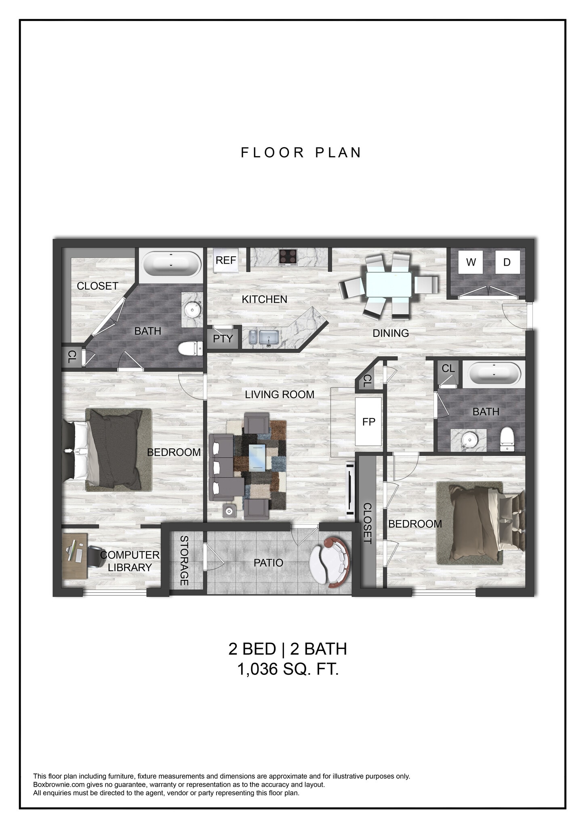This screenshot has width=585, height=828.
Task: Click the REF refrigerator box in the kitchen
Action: coord(225,260)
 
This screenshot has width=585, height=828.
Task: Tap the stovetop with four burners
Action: coord(288,257)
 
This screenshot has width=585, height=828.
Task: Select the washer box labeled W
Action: coord(471,262)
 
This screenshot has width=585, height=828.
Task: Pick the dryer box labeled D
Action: coord(507,262)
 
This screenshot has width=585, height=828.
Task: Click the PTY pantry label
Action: coord(223,338)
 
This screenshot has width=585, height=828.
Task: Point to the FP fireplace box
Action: coord(368,422)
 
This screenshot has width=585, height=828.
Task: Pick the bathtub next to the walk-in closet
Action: coord(171,264)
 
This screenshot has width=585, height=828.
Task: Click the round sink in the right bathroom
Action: coord(469,439)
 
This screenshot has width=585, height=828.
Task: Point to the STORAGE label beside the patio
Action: coord(184,560)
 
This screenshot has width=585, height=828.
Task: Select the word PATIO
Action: coord(268,563)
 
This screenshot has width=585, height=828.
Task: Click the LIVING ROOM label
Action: coord(280,395)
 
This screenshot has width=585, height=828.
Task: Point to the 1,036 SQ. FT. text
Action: coord(288,669)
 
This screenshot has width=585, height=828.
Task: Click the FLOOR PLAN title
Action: coord(301,153)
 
